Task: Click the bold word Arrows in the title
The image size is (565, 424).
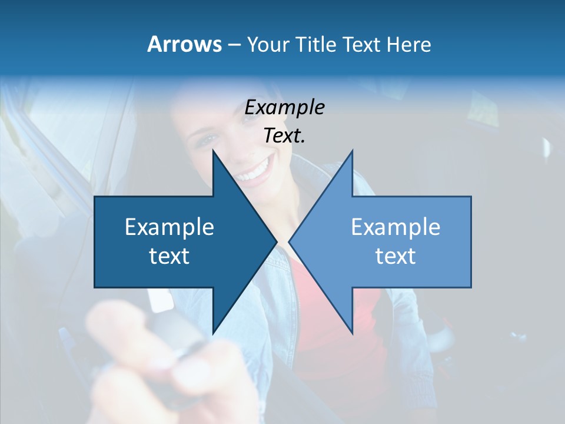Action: (x=184, y=44)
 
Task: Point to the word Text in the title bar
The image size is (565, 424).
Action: (x=361, y=44)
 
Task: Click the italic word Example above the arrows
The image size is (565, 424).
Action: (x=284, y=108)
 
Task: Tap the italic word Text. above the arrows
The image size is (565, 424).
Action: (x=284, y=136)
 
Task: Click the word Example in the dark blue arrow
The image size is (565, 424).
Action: (x=169, y=227)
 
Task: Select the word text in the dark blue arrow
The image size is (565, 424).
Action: (x=169, y=256)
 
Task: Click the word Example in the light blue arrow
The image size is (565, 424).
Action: (x=395, y=227)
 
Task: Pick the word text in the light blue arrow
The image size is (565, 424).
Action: (x=395, y=256)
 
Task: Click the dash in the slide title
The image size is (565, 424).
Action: (x=234, y=45)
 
